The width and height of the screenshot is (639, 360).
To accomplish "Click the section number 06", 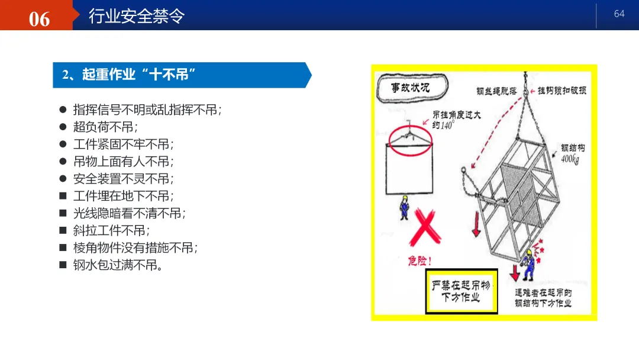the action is coord(39,19).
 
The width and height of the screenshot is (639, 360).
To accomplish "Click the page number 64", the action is coord(619,14).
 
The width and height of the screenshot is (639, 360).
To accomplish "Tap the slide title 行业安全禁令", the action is coord(137,17).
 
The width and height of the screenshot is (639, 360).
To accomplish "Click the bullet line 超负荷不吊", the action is coord(105,127).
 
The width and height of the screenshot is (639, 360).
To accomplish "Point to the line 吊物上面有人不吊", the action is coord(124,162).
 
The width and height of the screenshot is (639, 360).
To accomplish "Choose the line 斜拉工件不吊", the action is coord(112,230).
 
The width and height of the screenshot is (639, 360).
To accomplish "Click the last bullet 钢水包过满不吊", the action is coord(118,265).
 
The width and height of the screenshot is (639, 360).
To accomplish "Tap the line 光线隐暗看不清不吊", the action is coord(130,213).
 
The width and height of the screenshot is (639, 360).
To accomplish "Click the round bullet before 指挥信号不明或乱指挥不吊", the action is coord(63,110).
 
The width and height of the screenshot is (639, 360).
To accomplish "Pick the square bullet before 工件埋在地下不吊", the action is coord(63,196).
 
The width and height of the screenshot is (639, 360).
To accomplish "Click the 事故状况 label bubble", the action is coord(412,87).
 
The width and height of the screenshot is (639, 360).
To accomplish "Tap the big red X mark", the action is coord(425,227).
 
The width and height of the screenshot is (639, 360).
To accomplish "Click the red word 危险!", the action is coord(419,261).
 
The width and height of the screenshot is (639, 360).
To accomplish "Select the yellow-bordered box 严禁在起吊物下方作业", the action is coord(461,291).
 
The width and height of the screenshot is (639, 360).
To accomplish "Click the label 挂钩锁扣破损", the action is coord(561,91).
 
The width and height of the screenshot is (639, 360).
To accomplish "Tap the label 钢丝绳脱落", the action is coord(496,91).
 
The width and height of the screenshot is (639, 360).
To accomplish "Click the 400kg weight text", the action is coord(570,159).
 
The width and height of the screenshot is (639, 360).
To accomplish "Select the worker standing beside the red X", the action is coord(404,207).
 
